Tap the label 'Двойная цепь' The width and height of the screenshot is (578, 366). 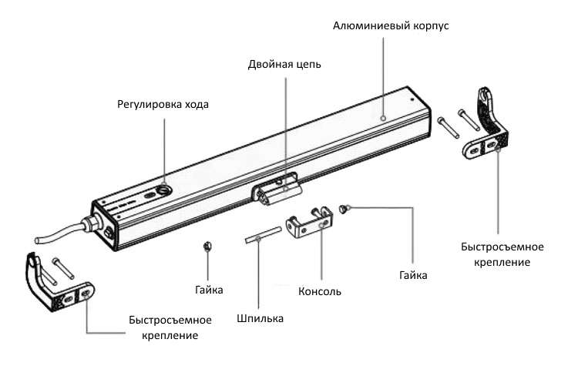[x=285, y=64]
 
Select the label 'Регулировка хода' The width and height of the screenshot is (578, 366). [x=163, y=104]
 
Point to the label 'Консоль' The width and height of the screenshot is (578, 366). [x=319, y=292]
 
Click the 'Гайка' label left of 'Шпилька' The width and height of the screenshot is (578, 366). [x=209, y=290]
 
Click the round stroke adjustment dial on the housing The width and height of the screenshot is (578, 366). [x=166, y=190]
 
